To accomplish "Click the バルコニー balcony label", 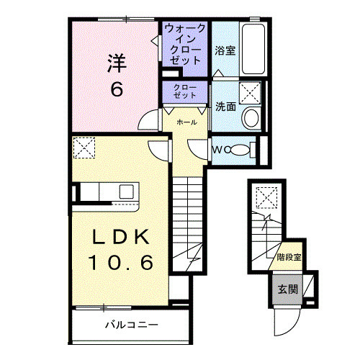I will (x=131, y=324).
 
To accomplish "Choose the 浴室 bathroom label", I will (x=225, y=50).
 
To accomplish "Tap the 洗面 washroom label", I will (x=225, y=106).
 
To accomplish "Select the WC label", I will (x=220, y=150).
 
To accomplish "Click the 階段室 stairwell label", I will (x=288, y=256).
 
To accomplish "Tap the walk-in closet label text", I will (x=186, y=45).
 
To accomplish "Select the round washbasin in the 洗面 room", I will (x=251, y=119).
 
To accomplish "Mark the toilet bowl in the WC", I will (x=243, y=150).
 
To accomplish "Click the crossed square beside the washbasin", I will (x=251, y=93).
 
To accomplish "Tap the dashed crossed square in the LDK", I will (x=84, y=148).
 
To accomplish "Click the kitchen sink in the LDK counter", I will (x=126, y=192).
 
